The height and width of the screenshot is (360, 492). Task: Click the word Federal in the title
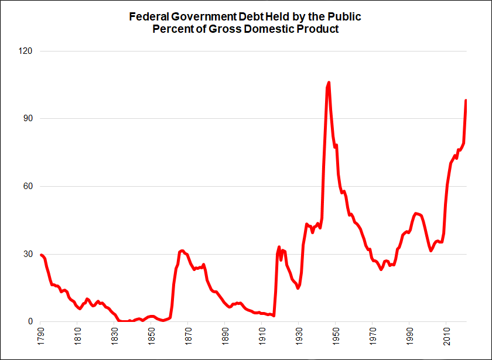click(x=148, y=16)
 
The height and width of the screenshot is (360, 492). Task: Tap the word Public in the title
click(x=346, y=16)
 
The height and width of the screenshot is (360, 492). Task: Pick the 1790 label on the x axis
click(x=41, y=335)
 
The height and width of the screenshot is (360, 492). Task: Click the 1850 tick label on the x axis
click(x=152, y=335)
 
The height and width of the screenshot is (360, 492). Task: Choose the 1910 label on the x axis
click(x=262, y=335)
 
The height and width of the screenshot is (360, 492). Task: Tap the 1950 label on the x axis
click(x=336, y=335)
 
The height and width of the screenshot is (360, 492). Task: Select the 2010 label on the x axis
click(x=446, y=335)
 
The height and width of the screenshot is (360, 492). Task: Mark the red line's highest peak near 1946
click(x=329, y=83)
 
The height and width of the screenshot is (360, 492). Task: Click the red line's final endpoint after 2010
click(x=466, y=101)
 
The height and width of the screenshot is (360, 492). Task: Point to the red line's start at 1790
click(x=41, y=255)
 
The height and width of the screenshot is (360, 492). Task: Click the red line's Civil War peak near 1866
click(x=182, y=251)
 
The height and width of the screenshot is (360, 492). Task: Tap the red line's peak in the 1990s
click(x=416, y=214)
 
